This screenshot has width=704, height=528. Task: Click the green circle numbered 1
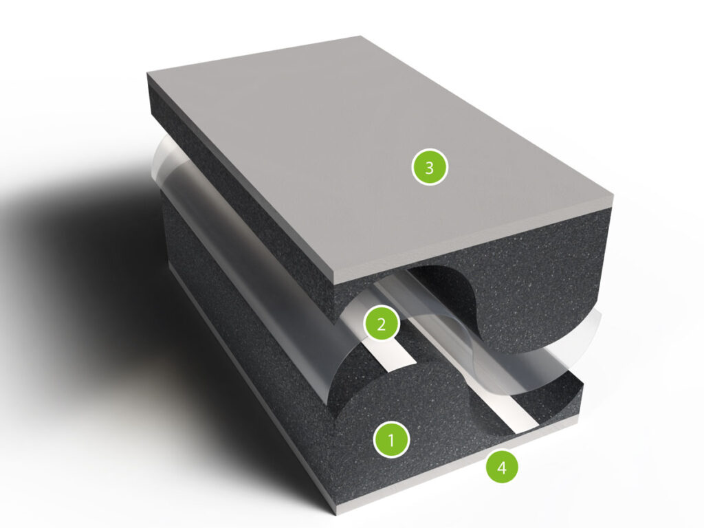pyautogui.click(x=391, y=440)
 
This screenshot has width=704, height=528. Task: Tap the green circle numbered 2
pyautogui.click(x=382, y=324)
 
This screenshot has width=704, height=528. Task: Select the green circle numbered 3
pyautogui.click(x=430, y=168)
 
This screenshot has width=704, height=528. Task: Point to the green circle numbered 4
pyautogui.click(x=502, y=467)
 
